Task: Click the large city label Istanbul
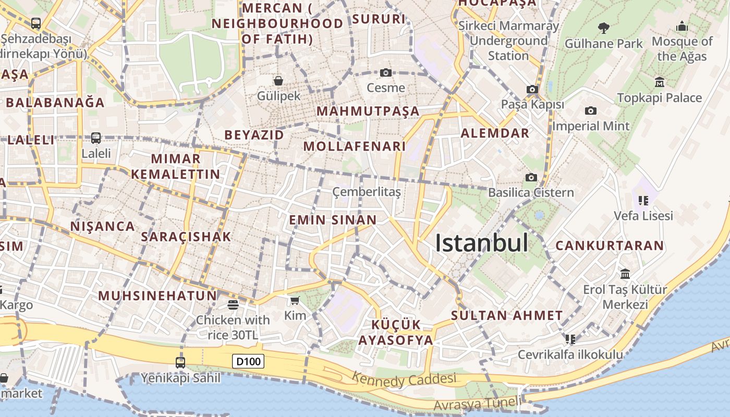pos(481,243)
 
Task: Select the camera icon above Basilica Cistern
pos(531,178)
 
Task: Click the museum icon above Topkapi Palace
pos(660,82)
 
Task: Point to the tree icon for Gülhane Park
pos(604,28)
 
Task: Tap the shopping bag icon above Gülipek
pos(278,81)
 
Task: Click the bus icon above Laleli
pos(96,138)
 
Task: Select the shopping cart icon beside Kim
pos(295,300)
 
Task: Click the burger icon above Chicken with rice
pos(233,305)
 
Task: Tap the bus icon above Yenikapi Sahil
pos(180,362)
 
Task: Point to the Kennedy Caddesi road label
pos(404,379)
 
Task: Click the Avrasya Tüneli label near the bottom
pos(477,403)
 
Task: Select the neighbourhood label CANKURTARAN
pos(610,246)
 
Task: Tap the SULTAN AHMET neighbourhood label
pos(507,315)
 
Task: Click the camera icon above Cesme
pos(386,72)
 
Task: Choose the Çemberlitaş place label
pos(367,192)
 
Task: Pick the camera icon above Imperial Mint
pos(591,111)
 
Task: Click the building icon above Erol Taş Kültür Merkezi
pos(625,274)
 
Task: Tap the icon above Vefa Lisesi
pos(643,200)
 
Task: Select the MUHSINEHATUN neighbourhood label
pos(157,296)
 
